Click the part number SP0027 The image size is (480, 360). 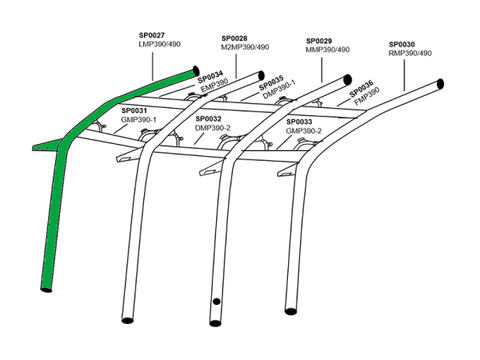(x=151, y=35)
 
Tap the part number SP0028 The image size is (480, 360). (x=234, y=38)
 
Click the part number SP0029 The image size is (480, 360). (x=320, y=40)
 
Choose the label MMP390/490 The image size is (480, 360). (x=328, y=50)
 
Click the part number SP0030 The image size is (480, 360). (x=402, y=44)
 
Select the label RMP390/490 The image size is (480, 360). (x=410, y=54)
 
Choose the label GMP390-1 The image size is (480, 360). (x=138, y=119)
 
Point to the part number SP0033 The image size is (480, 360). (x=299, y=122)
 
